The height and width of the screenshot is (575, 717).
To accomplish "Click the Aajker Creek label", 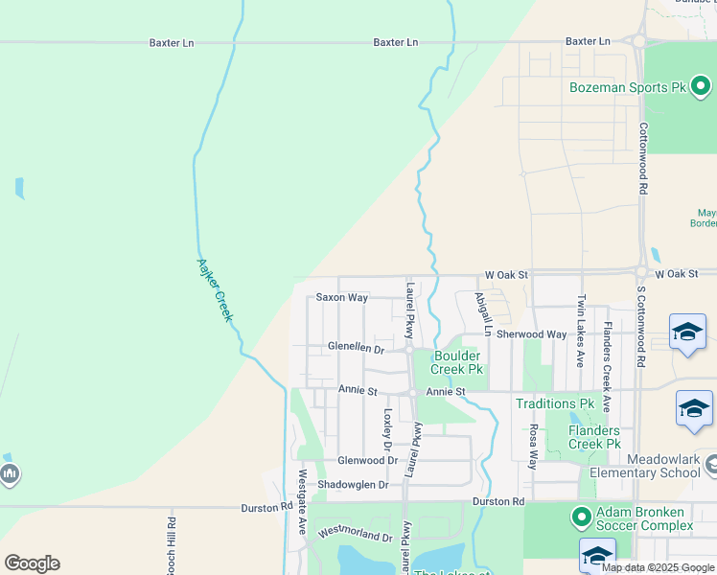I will [x=215, y=289].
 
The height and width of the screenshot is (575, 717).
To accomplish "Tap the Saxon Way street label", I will [x=342, y=298].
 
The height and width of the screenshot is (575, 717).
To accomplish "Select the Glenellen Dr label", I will [x=355, y=348].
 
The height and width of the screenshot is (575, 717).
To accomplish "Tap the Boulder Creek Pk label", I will [x=456, y=362].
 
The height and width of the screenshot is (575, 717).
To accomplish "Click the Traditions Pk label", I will [x=555, y=403].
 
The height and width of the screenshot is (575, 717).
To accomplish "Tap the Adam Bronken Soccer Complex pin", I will [x=581, y=517].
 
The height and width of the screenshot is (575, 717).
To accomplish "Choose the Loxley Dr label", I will [x=388, y=430].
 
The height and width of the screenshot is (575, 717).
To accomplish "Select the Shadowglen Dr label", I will [x=353, y=485].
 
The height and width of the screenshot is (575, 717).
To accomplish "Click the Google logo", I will [x=32, y=563].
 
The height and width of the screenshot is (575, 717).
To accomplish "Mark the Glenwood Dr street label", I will [x=367, y=460].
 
